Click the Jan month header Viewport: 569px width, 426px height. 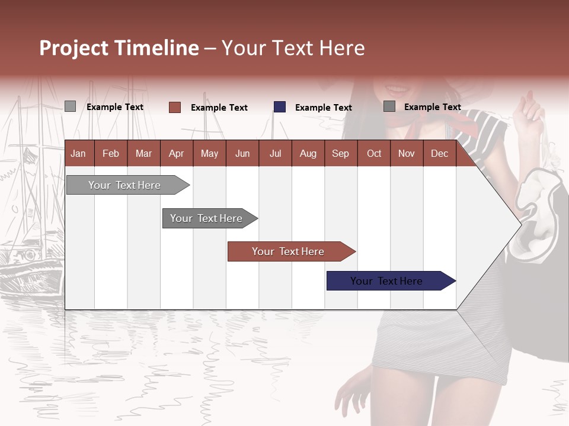78,153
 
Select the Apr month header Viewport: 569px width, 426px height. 176,153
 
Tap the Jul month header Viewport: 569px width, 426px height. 275,153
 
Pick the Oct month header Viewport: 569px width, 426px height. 374,153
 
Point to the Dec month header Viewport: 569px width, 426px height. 439,153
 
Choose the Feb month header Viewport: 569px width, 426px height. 111,153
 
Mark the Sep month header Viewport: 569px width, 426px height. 340,153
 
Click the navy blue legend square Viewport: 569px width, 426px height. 280,107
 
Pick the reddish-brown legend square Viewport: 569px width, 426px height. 175,107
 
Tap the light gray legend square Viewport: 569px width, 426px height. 71,106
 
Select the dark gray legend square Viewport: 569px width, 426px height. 389,106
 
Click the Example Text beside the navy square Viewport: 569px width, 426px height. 323,108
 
